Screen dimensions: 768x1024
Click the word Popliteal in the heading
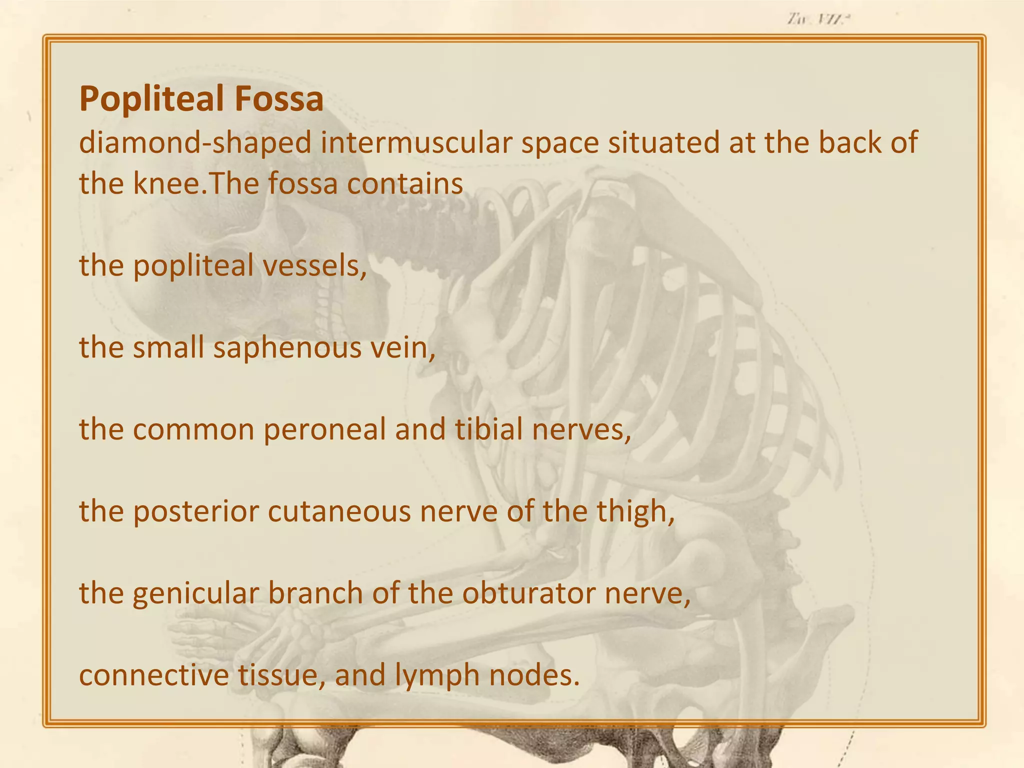tap(148, 99)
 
